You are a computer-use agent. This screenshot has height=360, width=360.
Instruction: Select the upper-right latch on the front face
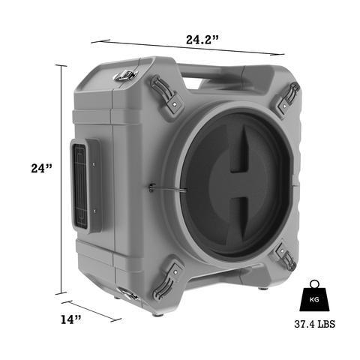point(286,97)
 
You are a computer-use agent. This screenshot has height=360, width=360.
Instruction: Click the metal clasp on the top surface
point(126,75)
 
